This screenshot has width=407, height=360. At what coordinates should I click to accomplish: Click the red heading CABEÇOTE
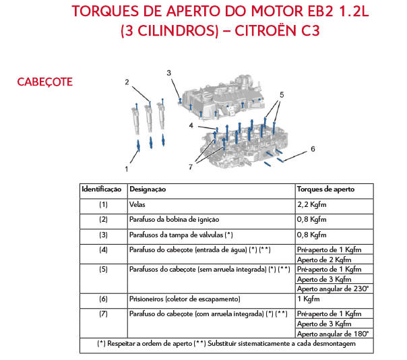pyautogui.click(x=44, y=82)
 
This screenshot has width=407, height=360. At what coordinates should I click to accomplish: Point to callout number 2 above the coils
pyautogui.click(x=126, y=82)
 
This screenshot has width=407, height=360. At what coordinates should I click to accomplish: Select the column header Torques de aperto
pyautogui.click(x=325, y=189)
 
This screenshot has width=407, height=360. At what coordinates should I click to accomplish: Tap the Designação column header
pyautogui.click(x=148, y=189)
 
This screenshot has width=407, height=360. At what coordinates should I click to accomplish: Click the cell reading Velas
pyautogui.click(x=137, y=204)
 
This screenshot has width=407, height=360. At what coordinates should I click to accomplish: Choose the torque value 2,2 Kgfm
pyautogui.click(x=312, y=204)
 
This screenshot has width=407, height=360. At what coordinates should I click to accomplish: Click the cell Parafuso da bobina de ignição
pyautogui.click(x=173, y=219)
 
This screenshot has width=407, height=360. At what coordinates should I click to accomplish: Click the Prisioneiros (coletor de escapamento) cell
pyautogui.click(x=185, y=299)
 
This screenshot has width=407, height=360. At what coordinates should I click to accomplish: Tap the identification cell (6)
pyautogui.click(x=103, y=299)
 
